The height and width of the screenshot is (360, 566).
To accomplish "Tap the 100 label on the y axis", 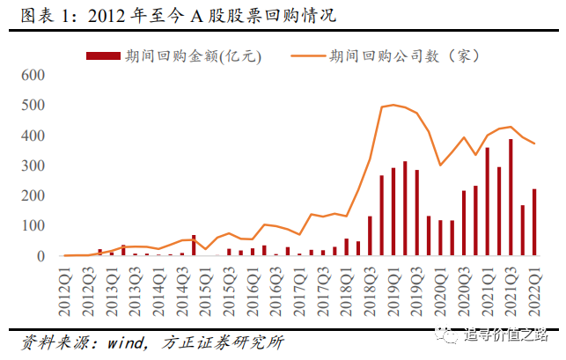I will tap(33, 226).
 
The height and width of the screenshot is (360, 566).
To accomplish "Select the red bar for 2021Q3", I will tap(511, 197).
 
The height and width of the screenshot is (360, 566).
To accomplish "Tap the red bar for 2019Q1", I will tap(393, 212).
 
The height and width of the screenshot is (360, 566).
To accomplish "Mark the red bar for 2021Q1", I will tap(488, 202).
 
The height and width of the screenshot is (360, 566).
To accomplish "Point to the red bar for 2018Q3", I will tap(370, 236).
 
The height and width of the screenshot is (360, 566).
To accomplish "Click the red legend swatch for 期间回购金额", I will tap(102, 55).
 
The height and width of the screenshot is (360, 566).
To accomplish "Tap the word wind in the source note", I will tap(124, 340).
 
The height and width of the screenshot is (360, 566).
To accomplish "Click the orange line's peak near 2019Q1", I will tap(393, 105).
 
